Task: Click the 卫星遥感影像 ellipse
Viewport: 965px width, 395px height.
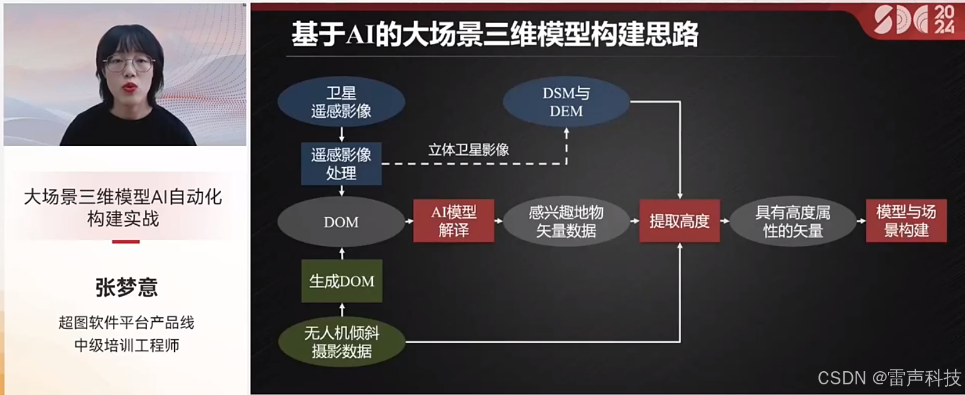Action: (341, 102)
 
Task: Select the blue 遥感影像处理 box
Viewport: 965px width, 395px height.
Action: (341, 164)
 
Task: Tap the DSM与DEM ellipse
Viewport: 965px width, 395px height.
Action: (566, 102)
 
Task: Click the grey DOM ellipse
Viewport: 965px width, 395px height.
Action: (341, 222)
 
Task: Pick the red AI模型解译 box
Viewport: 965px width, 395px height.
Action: (454, 221)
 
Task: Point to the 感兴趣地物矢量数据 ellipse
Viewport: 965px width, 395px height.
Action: (566, 221)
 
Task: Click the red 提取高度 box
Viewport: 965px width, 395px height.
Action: (679, 221)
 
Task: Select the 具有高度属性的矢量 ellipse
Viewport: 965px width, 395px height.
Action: (793, 221)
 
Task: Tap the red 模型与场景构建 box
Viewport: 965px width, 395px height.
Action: (906, 221)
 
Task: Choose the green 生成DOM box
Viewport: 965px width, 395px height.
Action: (342, 281)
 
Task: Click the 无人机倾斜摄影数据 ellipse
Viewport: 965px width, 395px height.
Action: (342, 342)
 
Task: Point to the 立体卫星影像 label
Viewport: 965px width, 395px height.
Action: (468, 150)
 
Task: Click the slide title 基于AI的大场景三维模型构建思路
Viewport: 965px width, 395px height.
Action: (494, 36)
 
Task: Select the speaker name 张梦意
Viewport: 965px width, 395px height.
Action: (126, 287)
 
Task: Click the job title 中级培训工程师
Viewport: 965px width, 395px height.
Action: (126, 345)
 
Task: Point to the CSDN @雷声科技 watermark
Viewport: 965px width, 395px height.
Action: (889, 378)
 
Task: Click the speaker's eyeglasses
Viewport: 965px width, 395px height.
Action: (128, 63)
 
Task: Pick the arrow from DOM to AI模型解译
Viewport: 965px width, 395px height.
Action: (409, 221)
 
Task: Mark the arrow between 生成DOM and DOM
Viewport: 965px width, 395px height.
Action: (342, 252)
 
